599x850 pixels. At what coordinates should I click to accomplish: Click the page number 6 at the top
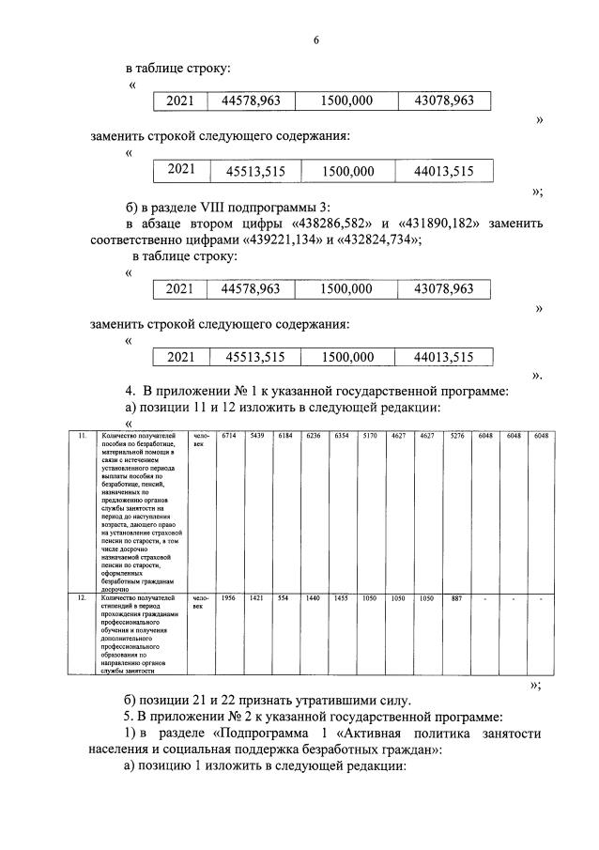tap(316, 39)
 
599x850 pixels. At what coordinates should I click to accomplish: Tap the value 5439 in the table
tap(256, 437)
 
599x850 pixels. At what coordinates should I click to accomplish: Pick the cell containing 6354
tap(341, 437)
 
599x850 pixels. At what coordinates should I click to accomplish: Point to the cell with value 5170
tap(370, 437)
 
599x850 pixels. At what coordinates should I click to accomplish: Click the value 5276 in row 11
tap(454, 437)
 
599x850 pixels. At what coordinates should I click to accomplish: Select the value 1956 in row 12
tap(228, 597)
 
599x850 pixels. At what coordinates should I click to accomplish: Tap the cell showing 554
tap(283, 597)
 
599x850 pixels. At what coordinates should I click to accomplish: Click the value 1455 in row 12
tap(341, 597)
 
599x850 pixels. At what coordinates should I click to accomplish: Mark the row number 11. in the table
tap(83, 437)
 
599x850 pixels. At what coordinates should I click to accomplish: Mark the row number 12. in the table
tap(83, 597)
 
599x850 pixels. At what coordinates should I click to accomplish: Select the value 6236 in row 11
tap(313, 437)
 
